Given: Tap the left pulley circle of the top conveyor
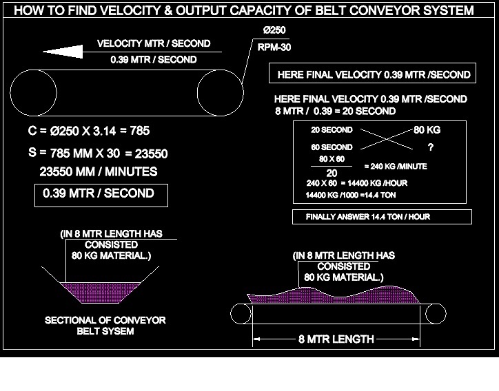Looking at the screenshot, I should (x=33, y=92).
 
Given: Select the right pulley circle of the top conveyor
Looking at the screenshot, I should (x=221, y=92).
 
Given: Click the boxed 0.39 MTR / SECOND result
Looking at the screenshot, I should (x=98, y=194).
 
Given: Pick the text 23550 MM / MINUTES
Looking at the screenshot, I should (x=98, y=171).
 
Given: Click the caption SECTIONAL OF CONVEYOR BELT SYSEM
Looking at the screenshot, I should (x=105, y=326).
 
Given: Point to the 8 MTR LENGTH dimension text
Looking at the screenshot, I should (x=336, y=339).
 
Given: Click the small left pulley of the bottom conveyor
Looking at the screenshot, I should (x=240, y=314).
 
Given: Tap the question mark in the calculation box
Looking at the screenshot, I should (x=431, y=147).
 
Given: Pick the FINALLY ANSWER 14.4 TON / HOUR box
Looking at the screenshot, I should (x=383, y=218).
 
